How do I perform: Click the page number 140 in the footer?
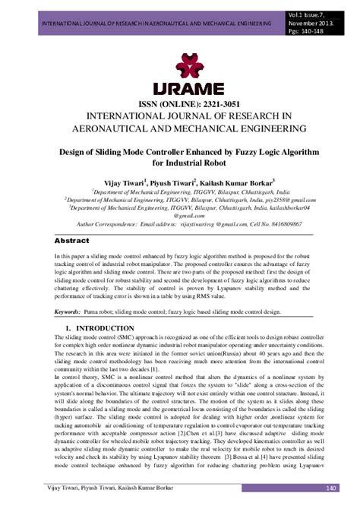point(330,488)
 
